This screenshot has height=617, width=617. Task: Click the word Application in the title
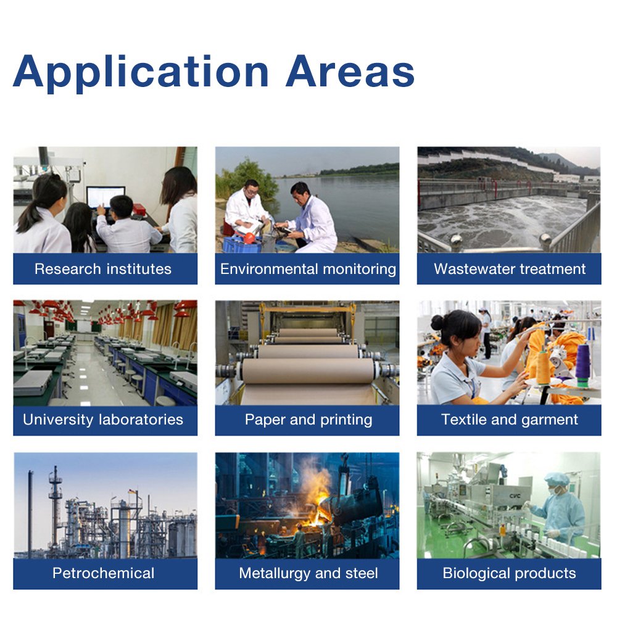(141, 73)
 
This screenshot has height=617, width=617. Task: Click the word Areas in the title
(350, 71)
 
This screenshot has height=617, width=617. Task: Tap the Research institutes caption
(103, 269)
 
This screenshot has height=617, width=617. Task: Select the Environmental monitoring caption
(308, 269)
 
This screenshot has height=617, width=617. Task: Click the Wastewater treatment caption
(510, 269)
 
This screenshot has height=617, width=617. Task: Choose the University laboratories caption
(103, 420)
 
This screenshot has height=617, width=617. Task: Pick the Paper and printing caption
(308, 420)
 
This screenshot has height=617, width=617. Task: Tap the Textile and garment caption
(510, 420)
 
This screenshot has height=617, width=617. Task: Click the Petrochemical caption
(104, 573)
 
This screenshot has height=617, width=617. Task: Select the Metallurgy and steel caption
(308, 574)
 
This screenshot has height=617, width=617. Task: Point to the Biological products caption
(509, 574)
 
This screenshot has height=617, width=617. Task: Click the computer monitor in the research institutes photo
(106, 197)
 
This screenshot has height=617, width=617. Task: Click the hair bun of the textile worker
(437, 323)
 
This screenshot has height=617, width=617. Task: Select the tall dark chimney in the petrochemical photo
(30, 513)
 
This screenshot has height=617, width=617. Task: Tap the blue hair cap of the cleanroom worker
(557, 479)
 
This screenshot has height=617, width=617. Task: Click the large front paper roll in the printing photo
(308, 370)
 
